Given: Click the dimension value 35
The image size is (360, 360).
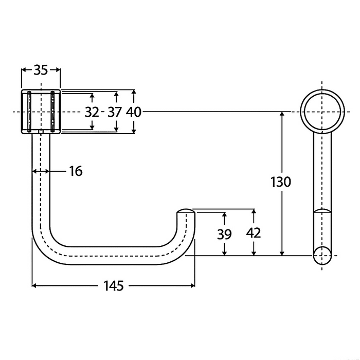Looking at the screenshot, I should coord(41,70).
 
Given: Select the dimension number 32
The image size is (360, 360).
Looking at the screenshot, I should coord(92,112).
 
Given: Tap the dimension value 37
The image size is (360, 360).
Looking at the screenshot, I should coord(115,112).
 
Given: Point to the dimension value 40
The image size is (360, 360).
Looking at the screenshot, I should coord(134,112).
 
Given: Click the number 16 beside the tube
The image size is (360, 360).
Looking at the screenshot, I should coord(76,171).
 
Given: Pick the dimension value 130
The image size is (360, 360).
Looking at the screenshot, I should coord(281,182).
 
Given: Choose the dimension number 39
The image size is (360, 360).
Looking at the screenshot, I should coord(224,234).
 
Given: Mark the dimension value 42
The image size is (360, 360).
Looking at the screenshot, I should coord(254,232).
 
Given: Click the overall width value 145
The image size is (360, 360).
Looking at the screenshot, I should coord(113,285).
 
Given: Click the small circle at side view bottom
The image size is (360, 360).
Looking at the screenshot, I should coord(322,255).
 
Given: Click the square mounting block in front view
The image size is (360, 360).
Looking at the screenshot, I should coord(41,112).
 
